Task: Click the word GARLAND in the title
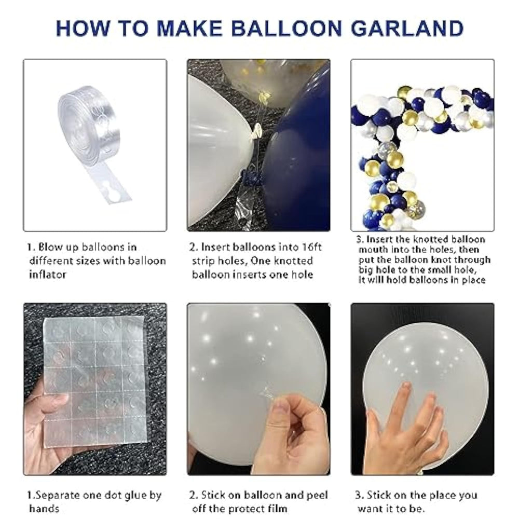click(x=407, y=28)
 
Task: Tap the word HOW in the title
click(x=83, y=28)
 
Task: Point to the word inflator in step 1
click(x=48, y=275)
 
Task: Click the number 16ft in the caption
click(x=312, y=247)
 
